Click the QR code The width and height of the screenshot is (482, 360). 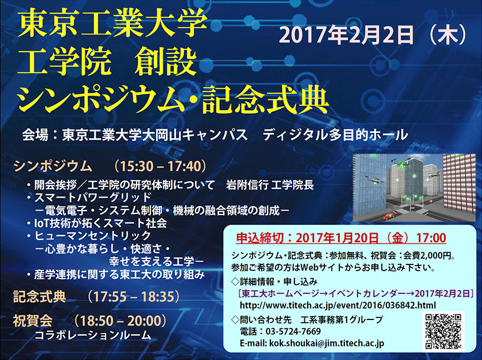click(443, 331)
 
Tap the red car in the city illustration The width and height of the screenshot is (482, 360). click(389, 215)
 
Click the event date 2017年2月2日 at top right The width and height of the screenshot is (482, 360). click(347, 35)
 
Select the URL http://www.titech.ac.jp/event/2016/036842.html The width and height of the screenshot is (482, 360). click(338, 305)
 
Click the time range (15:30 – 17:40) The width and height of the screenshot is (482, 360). click(160, 166)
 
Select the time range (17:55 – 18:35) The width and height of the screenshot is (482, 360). click(133, 297)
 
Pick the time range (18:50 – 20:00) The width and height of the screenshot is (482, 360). click(120, 321)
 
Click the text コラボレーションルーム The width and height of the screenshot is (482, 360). click(93, 335)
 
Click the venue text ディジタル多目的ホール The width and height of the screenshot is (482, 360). click(335, 135)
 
